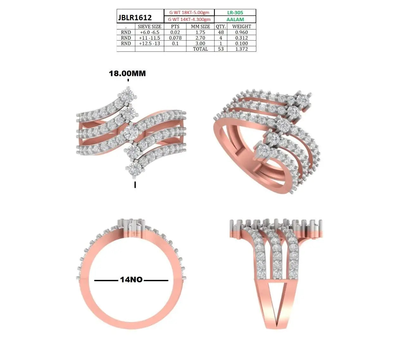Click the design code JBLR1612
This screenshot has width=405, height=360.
click(x=135, y=18)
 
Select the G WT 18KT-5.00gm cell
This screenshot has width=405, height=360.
click(x=189, y=12)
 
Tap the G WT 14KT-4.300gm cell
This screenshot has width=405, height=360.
click(x=189, y=19)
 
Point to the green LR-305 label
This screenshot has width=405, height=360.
click(x=235, y=13)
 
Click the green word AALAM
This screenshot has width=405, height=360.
click(x=235, y=20)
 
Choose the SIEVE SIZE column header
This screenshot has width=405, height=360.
click(x=150, y=26)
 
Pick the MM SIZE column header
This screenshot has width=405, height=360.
click(x=200, y=26)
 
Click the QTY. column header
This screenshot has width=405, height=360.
click(x=221, y=26)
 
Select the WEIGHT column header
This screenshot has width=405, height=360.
click(x=241, y=26)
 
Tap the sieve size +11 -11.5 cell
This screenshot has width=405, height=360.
click(x=150, y=38)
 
